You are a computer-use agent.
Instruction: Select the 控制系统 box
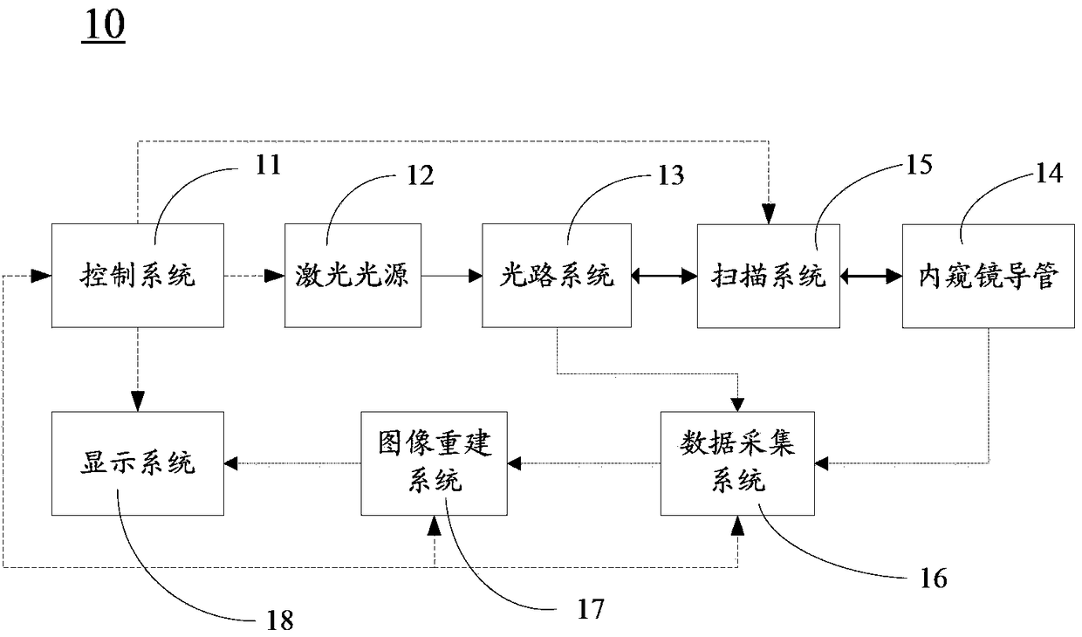tap(138, 275)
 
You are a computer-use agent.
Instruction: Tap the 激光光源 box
tap(353, 275)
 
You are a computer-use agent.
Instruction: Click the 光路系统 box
tap(557, 275)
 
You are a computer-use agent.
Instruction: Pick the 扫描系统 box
tap(768, 276)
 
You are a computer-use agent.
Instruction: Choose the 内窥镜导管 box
tap(989, 276)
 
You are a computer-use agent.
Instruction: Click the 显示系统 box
tap(138, 463)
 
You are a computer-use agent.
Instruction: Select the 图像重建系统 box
tap(434, 463)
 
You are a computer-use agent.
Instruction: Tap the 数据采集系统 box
tap(737, 463)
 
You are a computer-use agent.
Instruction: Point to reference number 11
tap(268, 165)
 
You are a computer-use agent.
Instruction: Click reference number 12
tap(421, 175)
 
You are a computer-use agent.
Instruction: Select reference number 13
tap(671, 175)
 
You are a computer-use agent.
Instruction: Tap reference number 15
tap(919, 165)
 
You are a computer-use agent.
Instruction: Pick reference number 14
tap(1049, 174)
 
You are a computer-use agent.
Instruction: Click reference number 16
tap(934, 578)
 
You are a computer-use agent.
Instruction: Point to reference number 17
tap(591, 609)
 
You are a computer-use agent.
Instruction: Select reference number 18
tap(280, 620)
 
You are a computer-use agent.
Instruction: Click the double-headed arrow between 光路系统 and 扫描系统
tap(664, 276)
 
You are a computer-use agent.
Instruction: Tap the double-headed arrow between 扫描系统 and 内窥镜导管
tap(871, 276)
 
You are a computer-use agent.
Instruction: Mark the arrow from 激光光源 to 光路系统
tap(452, 276)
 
